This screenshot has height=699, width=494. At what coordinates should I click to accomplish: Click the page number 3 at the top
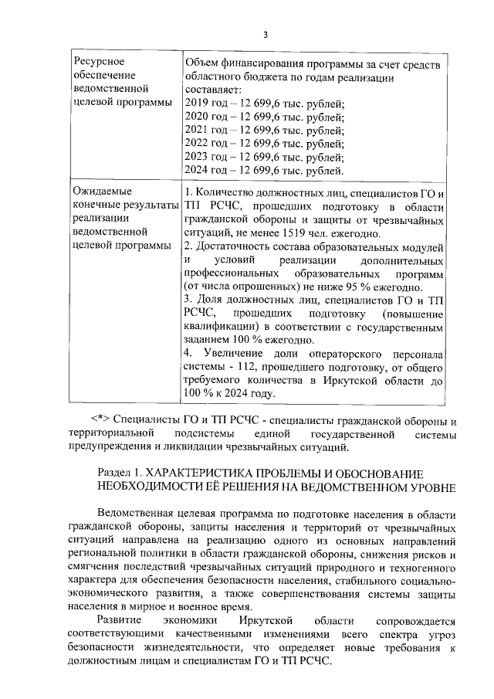pyautogui.click(x=265, y=35)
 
